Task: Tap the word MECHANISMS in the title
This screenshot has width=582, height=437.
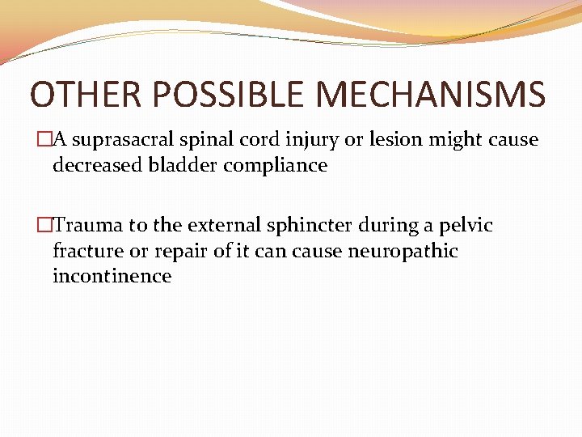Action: pyautogui.click(x=431, y=95)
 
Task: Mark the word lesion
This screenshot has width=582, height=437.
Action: pyautogui.click(x=396, y=139)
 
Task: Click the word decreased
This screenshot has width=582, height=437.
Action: pyautogui.click(x=95, y=165)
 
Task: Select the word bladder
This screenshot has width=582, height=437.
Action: pyautogui.click(x=176, y=165)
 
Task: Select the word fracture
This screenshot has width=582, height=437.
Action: pyautogui.click(x=87, y=251)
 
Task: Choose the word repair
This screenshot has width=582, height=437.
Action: pyautogui.click(x=183, y=252)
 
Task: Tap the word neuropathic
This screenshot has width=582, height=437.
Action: pyautogui.click(x=403, y=252)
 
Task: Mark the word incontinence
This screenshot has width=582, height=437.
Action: pyautogui.click(x=112, y=276)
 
